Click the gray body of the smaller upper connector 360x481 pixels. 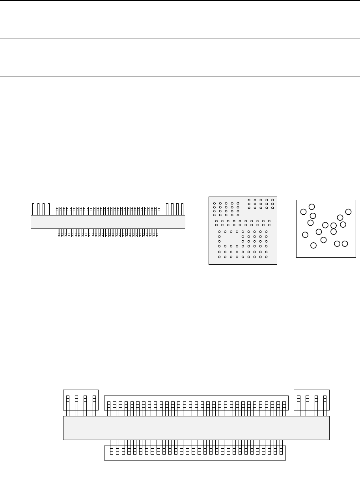(x=108, y=222)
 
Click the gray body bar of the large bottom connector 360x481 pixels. (x=196, y=427)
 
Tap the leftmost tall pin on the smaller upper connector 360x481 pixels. (x=33, y=209)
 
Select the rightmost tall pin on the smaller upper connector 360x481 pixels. (x=182, y=209)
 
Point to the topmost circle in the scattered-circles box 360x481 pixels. (x=312, y=206)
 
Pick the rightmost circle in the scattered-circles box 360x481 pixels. (x=348, y=212)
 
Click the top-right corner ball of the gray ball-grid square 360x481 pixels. (x=272, y=200)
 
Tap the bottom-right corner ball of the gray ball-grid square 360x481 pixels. (x=267, y=257)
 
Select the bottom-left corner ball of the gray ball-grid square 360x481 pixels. (x=219, y=257)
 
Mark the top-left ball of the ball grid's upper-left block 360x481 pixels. (x=214, y=204)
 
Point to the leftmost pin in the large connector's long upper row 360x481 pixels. (x=109, y=408)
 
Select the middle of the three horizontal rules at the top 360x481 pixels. (x=180, y=39)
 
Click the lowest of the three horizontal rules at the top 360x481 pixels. (x=180, y=76)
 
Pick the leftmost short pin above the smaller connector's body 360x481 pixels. (x=57, y=211)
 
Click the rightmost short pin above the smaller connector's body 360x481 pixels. (x=159, y=211)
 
